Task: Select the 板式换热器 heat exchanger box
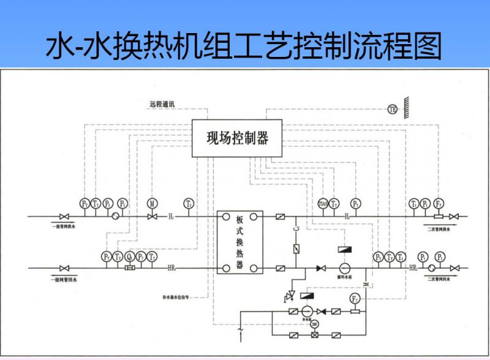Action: coord(239,241)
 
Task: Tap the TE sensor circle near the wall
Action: coord(393,109)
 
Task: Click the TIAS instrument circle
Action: coord(323,203)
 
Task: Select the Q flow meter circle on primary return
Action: coord(129,257)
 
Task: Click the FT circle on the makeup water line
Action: coord(355,299)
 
